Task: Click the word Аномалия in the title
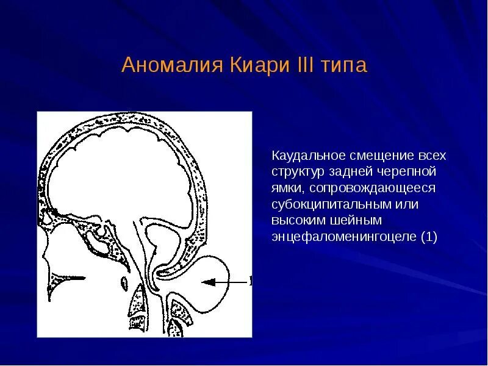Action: click(172, 65)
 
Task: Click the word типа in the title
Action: click(344, 66)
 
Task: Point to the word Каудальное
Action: click(309, 156)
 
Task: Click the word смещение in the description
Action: click(381, 156)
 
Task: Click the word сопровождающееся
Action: click(372, 188)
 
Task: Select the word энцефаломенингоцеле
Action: click(343, 237)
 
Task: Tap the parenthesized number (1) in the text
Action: click(429, 237)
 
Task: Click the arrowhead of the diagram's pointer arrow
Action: click(208, 282)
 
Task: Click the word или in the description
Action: click(407, 205)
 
